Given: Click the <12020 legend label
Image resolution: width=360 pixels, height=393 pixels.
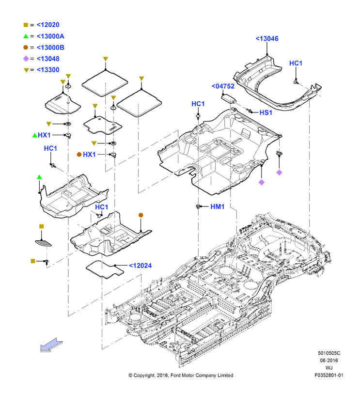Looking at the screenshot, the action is tap(48, 25).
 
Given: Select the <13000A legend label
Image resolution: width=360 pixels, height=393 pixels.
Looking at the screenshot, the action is tap(50, 36).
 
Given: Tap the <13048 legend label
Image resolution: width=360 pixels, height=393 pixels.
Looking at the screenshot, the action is tap(48, 59).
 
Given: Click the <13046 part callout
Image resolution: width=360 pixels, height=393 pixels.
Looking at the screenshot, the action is tap(267, 39).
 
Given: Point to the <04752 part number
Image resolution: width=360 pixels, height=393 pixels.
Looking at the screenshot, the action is tap(223, 86).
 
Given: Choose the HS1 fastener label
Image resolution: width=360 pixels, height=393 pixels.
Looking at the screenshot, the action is tap(266, 112).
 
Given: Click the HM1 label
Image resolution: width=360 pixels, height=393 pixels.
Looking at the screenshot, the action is tap(217, 206).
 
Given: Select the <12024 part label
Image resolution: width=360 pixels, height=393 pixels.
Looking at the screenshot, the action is tap(141, 266).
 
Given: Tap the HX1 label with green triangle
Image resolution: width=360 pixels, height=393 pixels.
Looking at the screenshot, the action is tap(45, 135).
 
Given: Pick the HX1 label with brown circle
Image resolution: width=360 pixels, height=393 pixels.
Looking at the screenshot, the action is tap(89, 155).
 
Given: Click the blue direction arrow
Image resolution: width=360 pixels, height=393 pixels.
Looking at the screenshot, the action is tap(52, 345).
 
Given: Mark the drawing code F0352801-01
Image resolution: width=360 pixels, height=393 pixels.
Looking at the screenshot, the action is tap(329, 375).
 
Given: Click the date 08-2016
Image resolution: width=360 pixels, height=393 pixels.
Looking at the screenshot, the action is tap(329, 361).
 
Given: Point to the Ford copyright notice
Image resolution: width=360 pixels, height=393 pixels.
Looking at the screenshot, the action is tap(181, 375).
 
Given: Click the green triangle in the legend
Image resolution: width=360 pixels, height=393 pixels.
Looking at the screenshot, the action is tap(26, 36).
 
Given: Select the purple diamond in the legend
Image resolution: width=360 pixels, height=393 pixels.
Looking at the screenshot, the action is tap(26, 59).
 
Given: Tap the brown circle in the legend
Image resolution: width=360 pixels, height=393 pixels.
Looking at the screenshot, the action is tap(26, 47).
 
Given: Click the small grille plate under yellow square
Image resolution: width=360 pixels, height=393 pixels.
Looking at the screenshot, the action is tap(43, 243).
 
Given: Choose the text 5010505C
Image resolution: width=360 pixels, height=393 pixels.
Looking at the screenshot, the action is tap(329, 353).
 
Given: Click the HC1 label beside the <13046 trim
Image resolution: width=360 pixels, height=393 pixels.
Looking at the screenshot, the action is tap(296, 63).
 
